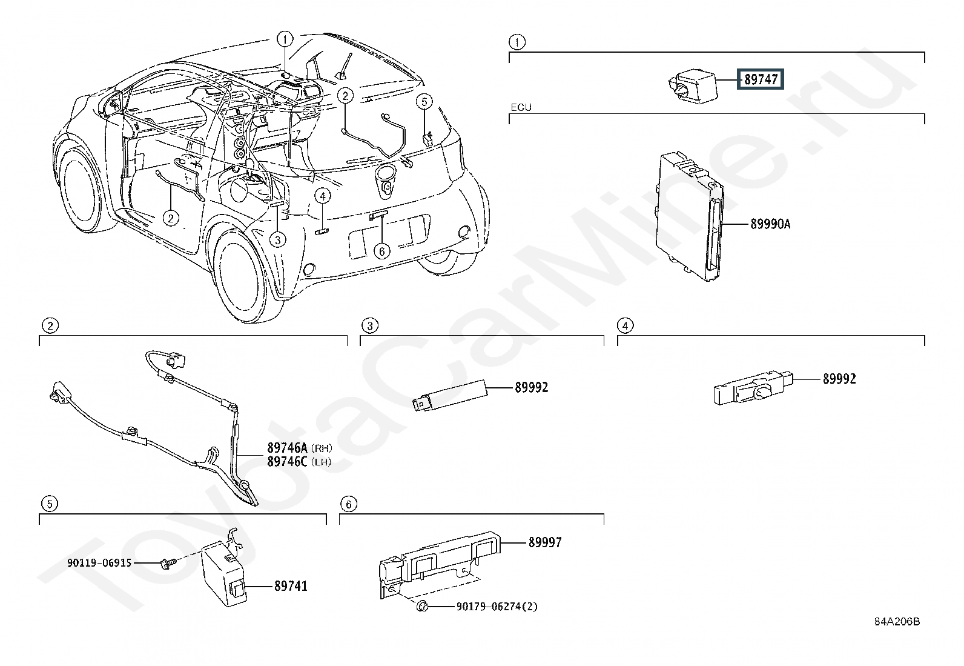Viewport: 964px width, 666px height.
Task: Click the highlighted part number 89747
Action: coord(760,79)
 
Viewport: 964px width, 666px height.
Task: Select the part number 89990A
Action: coord(770,224)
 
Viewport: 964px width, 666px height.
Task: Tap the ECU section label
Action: coord(521,108)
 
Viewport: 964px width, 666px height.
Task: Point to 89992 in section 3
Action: coord(531,387)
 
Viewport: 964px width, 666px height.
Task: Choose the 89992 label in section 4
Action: coord(839,379)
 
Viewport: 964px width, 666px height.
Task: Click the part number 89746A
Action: coord(288,448)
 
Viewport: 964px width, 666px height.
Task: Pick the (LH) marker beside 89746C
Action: coord(322,462)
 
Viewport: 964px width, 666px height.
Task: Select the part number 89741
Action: coord(291,587)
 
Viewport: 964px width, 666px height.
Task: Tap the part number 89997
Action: coord(545,543)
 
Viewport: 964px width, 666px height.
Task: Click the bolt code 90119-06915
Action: coord(99,563)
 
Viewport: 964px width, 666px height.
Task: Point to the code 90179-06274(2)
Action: coord(497,607)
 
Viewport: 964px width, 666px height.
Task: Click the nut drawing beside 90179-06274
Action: coord(423,607)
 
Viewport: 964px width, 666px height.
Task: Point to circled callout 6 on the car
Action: coord(381,250)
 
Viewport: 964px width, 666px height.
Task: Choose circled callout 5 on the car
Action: coord(424,101)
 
